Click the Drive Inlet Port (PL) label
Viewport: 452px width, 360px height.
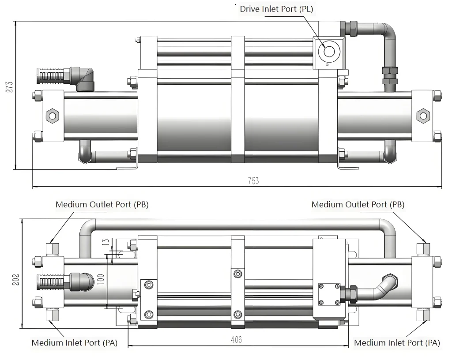click(x=276, y=9)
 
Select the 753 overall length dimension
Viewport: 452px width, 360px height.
click(x=253, y=181)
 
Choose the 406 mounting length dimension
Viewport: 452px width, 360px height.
click(x=237, y=340)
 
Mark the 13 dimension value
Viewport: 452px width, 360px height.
click(x=104, y=242)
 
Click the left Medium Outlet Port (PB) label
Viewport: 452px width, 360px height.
click(x=102, y=205)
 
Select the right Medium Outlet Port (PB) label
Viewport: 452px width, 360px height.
click(x=358, y=205)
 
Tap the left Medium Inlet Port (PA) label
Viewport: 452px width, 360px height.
click(x=75, y=343)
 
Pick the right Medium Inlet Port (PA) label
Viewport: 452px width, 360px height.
click(x=397, y=343)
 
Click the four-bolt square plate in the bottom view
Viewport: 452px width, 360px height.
click(x=328, y=294)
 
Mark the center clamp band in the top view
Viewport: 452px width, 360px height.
click(x=238, y=99)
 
